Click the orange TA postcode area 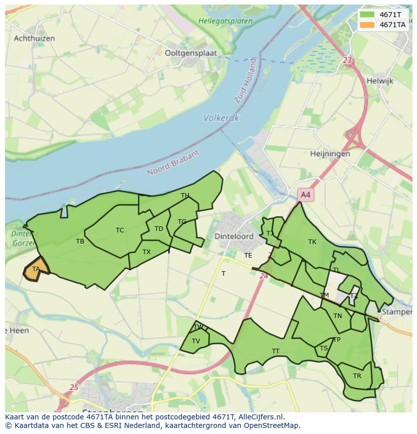tap(36, 269)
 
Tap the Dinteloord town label tap(234, 236)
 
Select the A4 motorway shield tap(305, 195)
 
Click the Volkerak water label tap(221, 118)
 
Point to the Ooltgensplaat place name tap(187, 52)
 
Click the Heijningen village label tap(330, 154)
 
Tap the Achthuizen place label tap(34, 38)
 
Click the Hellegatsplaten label tap(225, 21)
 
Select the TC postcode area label tap(120, 230)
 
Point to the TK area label tap(312, 242)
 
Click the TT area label tap(275, 351)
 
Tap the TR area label tap(357, 376)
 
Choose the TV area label tap(196, 341)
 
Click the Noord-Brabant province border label tap(173, 163)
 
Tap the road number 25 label tap(74, 387)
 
